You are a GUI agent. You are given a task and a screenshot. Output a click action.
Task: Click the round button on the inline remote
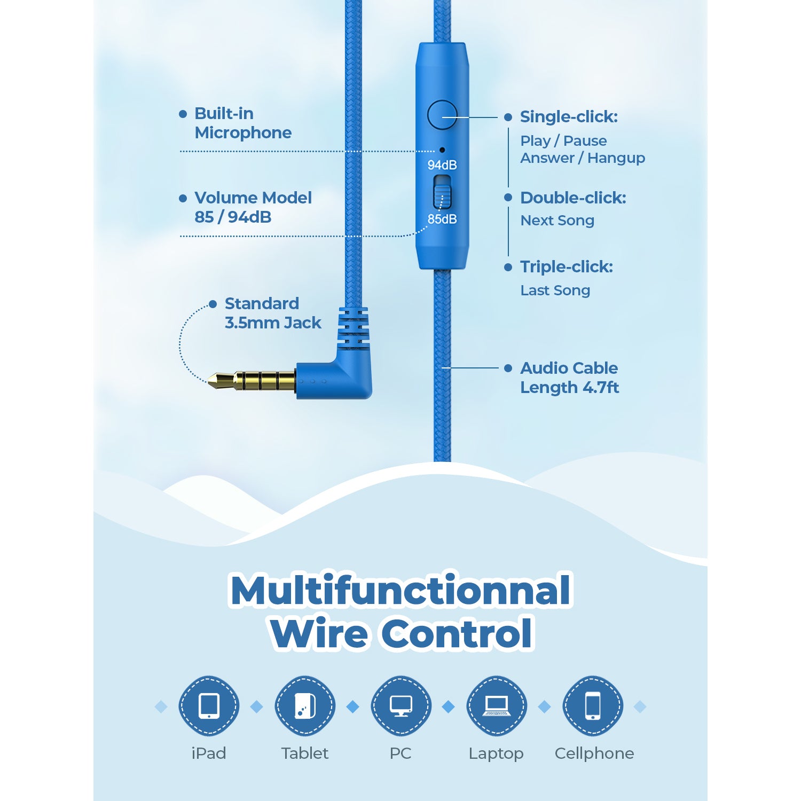[442, 114]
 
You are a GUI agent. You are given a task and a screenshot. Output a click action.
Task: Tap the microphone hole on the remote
[442, 150]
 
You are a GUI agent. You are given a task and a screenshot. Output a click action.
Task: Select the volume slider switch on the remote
[442, 192]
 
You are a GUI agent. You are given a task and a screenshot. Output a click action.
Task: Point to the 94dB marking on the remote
[442, 165]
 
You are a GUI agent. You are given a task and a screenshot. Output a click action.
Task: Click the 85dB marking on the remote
[442, 219]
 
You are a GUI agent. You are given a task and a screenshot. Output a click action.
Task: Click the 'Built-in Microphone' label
[243, 123]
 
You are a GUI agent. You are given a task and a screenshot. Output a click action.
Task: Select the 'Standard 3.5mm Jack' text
[273, 313]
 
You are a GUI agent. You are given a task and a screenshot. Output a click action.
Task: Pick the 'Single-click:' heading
[569, 116]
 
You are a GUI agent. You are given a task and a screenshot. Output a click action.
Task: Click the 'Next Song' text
[557, 220]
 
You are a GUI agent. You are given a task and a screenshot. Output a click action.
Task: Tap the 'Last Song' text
[555, 290]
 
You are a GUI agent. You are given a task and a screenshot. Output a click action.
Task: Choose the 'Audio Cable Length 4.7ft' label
[569, 378]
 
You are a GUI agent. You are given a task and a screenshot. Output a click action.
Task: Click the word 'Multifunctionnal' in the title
[400, 590]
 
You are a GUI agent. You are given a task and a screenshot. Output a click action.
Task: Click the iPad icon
[209, 706]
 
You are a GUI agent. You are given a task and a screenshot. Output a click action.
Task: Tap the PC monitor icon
[400, 706]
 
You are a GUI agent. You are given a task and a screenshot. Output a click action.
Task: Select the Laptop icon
[497, 706]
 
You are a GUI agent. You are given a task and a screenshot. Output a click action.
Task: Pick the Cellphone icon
[593, 706]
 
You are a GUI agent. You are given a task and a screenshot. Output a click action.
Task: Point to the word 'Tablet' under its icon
[305, 753]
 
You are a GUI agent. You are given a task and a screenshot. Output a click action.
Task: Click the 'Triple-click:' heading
[567, 266]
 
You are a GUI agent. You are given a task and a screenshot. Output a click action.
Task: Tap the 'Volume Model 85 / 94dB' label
[253, 207]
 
